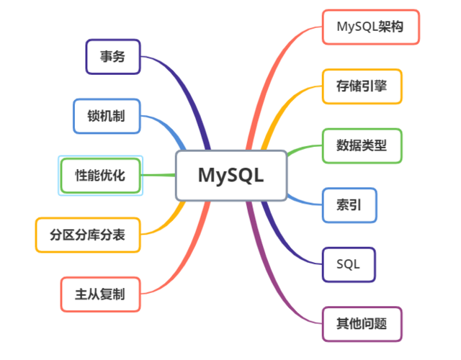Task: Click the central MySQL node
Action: tap(231, 175)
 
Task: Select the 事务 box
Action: tap(113, 56)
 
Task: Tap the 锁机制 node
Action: tap(107, 116)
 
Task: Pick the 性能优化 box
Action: tap(101, 175)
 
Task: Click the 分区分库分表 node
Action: tap(87, 234)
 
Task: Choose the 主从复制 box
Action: tap(100, 294)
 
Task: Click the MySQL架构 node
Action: tap(370, 27)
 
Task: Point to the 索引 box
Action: tap(349, 204)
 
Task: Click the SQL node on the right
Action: tap(349, 264)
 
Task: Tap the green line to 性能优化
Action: tap(158, 175)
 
